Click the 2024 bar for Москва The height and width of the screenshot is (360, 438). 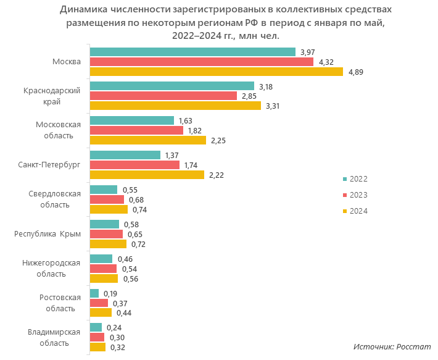[x=216, y=72]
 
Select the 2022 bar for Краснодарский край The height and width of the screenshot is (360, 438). [x=171, y=86]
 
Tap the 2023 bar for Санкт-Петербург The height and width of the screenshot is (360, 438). [x=134, y=165]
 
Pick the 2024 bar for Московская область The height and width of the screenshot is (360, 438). [x=147, y=140]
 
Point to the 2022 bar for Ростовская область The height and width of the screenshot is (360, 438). [x=94, y=293]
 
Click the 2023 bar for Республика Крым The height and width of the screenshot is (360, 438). [x=106, y=234]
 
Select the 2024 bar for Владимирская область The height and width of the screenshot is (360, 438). [x=97, y=347]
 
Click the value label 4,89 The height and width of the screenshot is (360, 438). [x=356, y=72]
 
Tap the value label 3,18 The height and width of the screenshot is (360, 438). [x=266, y=86]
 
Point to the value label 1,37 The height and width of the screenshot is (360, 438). [x=172, y=155]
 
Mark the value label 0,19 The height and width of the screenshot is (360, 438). [x=111, y=293]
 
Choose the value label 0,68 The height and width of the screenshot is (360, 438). [x=136, y=199]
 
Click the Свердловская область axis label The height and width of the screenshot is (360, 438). [x=55, y=199]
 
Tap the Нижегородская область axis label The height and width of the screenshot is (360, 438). [x=52, y=268]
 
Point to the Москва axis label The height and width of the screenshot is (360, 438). [x=67, y=62]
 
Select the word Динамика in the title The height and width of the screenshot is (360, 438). [x=84, y=10]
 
